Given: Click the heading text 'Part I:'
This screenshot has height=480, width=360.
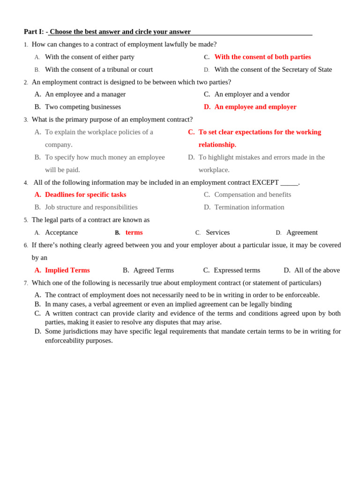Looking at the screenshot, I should tap(34, 32).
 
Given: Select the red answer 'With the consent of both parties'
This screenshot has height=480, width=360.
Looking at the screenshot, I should tap(262, 57).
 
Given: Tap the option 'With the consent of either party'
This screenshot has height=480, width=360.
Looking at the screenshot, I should tap(90, 57).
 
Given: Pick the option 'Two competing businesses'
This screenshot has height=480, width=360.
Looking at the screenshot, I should tap(83, 107).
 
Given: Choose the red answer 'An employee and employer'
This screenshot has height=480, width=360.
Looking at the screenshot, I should tap(255, 107).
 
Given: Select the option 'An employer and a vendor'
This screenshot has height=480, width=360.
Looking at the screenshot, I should tap(252, 94).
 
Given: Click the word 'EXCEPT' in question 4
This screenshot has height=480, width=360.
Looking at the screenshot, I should tap(265, 182).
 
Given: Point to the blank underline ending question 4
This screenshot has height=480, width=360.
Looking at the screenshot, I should tap(289, 183).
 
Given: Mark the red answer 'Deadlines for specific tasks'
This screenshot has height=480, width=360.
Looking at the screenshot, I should tap(85, 195).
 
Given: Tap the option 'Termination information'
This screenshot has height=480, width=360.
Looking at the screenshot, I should tap(249, 207).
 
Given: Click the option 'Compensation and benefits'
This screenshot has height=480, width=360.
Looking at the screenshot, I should tap(253, 195).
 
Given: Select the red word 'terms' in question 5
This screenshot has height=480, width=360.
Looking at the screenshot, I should tap(134, 232).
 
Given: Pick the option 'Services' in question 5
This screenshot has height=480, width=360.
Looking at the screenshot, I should tap(217, 232).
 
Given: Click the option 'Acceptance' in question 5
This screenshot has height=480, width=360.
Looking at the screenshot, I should tap(61, 232).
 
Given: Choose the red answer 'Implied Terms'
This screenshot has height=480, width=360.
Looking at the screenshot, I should tap(67, 270).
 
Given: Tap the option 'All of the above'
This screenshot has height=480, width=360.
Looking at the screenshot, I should tap(317, 270).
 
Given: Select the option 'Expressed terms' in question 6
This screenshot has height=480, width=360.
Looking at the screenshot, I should tap(237, 270).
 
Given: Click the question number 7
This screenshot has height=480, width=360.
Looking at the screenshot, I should tap(26, 283).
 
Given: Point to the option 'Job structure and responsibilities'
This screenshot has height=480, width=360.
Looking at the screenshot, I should tap(91, 207).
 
